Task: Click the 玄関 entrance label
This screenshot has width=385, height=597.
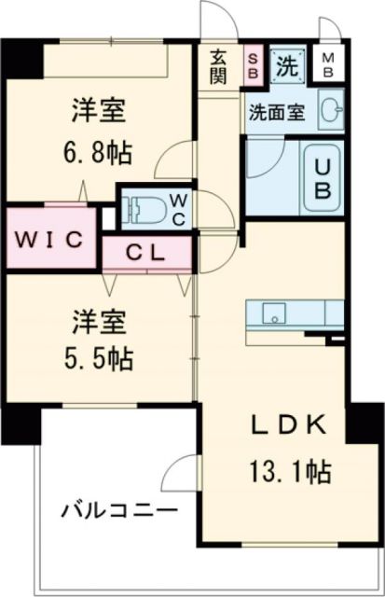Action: pyautogui.click(x=219, y=65)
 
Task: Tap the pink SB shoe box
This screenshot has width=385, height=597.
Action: pyautogui.click(x=254, y=64)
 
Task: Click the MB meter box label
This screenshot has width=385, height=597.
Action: pyautogui.click(x=329, y=65)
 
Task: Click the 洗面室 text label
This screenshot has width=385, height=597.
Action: pyautogui.click(x=276, y=112)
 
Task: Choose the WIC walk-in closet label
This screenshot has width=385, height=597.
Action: pyautogui.click(x=48, y=238)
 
